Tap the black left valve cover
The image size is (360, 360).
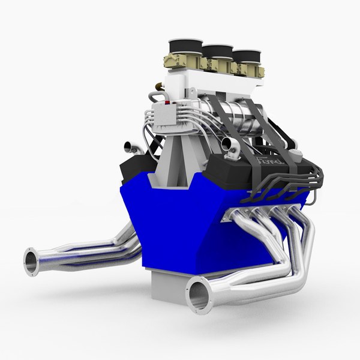pyautogui.click(x=136, y=168)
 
